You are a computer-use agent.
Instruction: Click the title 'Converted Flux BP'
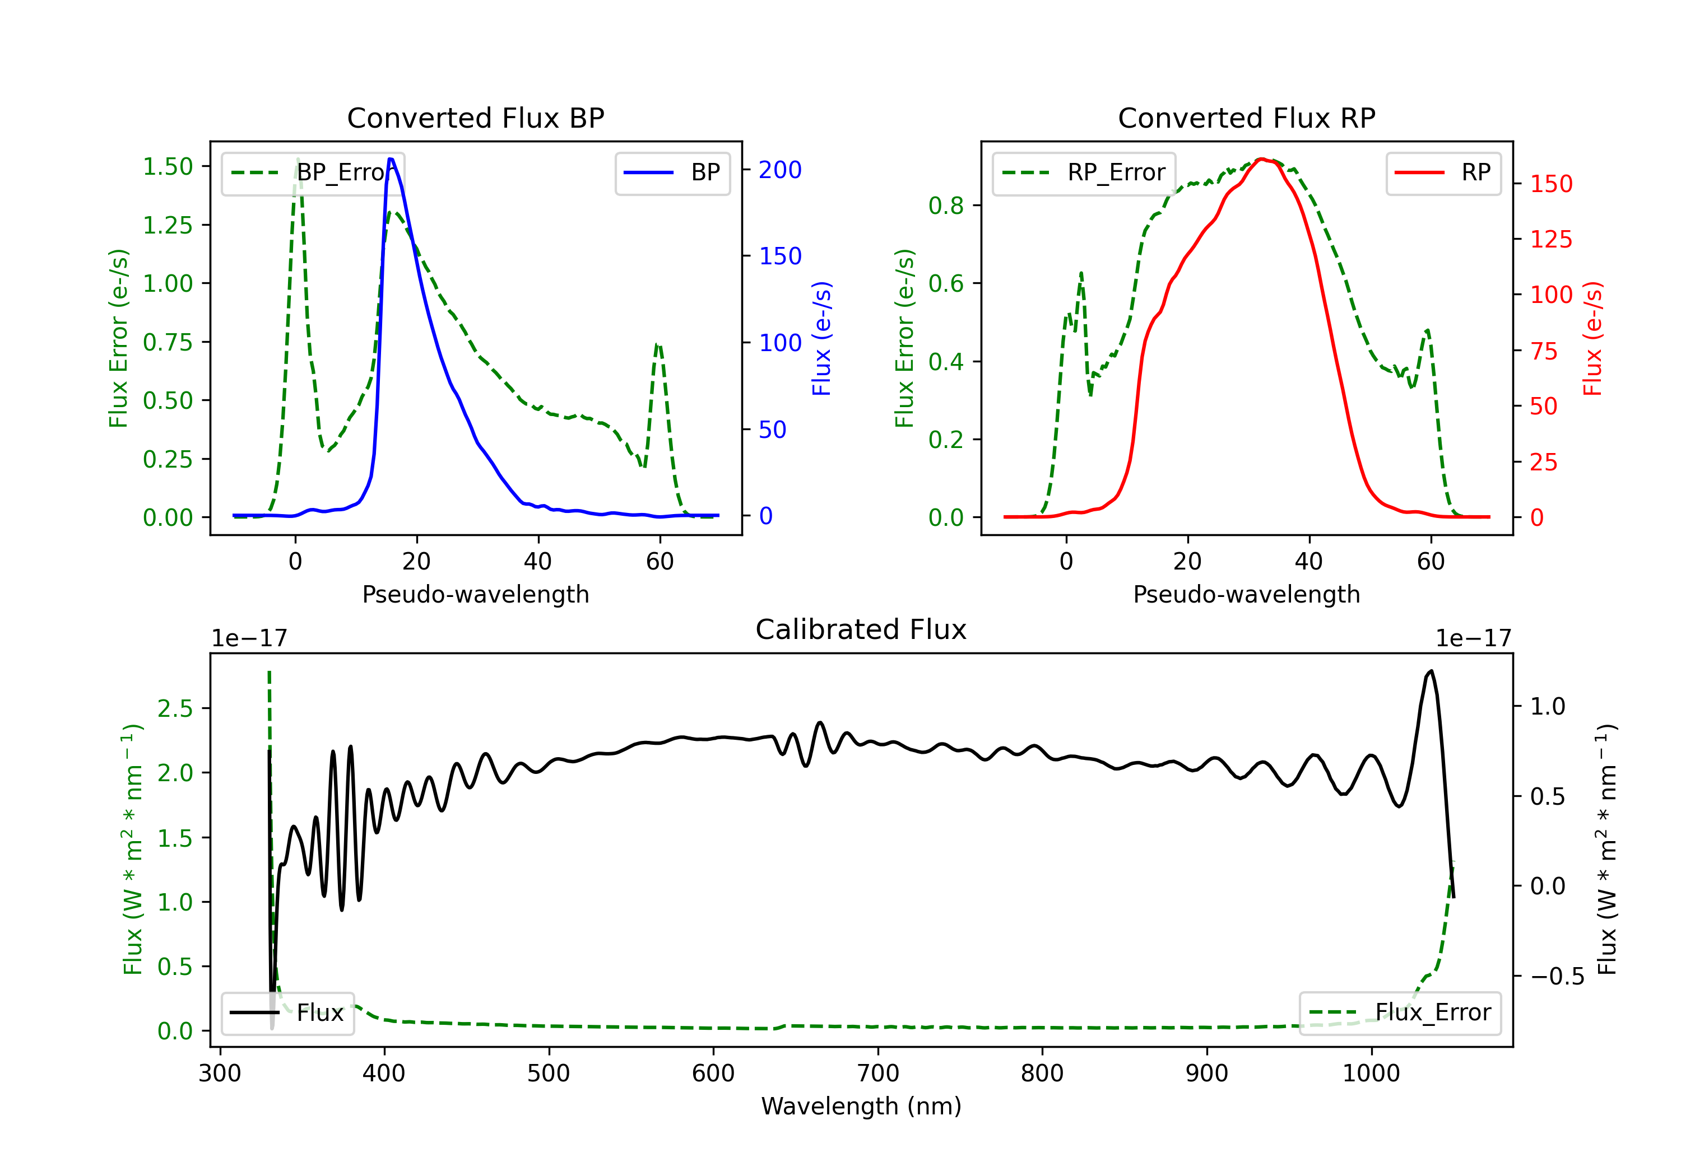click(475, 118)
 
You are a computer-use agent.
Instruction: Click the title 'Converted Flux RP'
click(1246, 118)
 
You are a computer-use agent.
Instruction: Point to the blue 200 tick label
click(780, 170)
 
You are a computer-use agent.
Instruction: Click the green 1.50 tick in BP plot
click(168, 167)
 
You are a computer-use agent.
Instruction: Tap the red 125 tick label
click(1550, 239)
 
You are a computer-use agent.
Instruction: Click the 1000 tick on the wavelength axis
click(1371, 1074)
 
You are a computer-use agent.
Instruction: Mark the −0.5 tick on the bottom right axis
click(1557, 977)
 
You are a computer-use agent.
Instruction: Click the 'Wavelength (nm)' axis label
click(861, 1107)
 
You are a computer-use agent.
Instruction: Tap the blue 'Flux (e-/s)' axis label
click(821, 339)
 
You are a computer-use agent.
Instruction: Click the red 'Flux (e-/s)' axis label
click(1592, 339)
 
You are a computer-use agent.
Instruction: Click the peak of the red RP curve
click(1260, 159)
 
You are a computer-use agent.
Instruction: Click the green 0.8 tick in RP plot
click(945, 206)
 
